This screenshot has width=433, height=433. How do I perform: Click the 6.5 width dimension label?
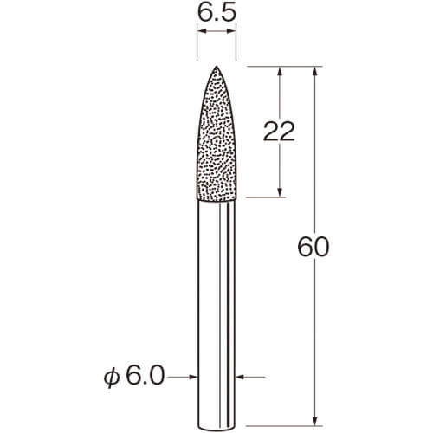216,13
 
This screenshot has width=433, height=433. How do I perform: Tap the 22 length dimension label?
279,131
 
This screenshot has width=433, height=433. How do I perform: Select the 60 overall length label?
313,247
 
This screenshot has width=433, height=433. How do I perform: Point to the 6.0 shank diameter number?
145,376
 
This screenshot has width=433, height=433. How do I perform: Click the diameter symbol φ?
112,378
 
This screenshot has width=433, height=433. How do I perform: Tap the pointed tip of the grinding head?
216,66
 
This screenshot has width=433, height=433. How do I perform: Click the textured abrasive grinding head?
216,133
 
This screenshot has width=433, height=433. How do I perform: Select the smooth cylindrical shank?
216,314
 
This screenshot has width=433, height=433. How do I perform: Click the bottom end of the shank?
216,429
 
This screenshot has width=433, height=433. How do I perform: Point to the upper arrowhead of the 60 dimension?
315,71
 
